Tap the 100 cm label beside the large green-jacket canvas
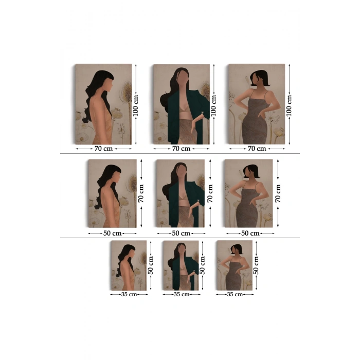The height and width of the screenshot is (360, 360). (214, 105)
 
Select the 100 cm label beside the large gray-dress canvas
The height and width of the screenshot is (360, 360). (289, 105)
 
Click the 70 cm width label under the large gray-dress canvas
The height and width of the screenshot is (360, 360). (257, 149)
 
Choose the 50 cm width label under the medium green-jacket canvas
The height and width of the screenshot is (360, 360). (181, 233)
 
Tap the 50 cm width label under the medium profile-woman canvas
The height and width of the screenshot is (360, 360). (112, 233)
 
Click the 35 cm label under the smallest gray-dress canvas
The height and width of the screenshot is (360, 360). (235, 295)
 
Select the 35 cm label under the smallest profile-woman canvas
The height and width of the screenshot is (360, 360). (129, 295)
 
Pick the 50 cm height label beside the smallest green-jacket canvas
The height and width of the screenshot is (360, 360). (203, 265)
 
